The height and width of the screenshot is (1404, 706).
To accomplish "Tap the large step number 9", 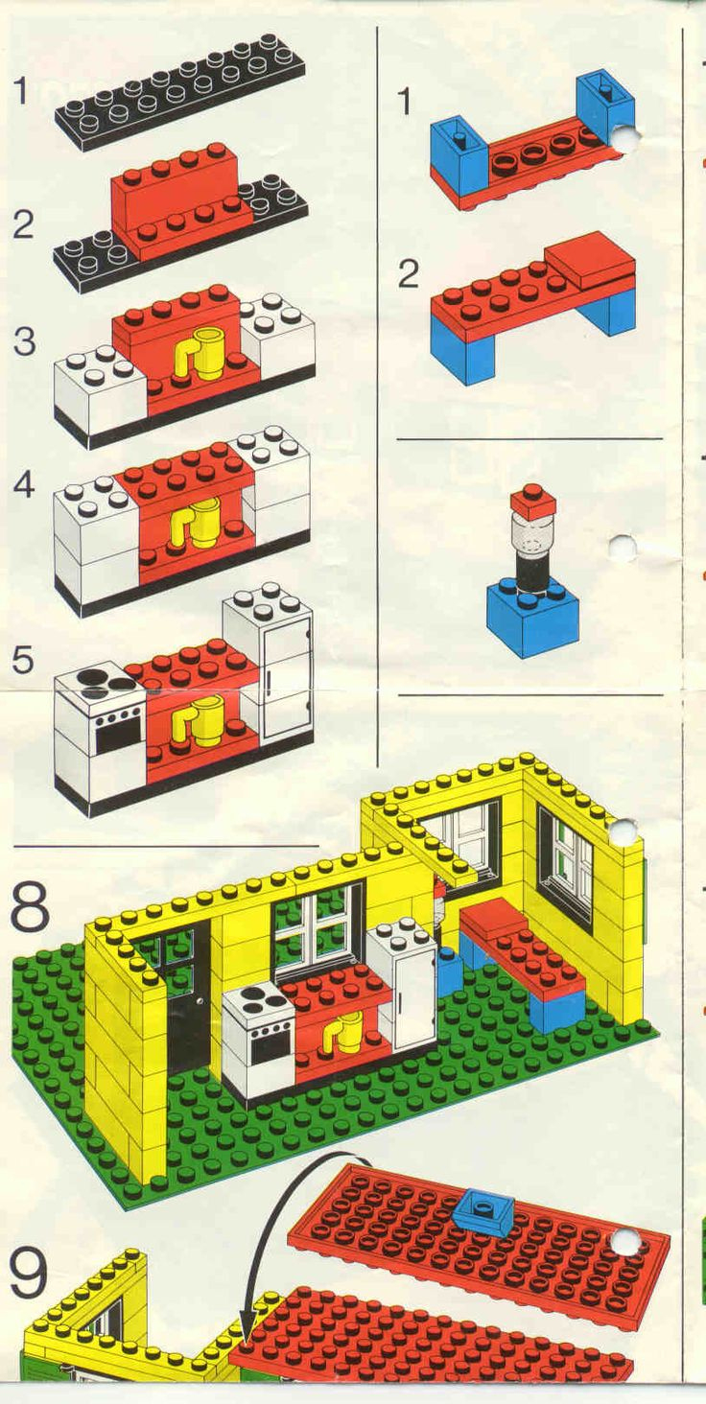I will coord(28,1273).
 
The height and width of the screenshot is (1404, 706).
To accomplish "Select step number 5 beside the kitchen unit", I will coord(24,660).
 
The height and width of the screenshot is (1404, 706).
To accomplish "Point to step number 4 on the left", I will coord(24,484).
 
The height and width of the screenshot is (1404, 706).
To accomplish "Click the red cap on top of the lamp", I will coord(532,501).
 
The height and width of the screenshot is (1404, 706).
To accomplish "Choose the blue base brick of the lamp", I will coord(532,620).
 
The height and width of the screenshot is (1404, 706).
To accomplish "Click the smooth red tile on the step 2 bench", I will coord(589,260).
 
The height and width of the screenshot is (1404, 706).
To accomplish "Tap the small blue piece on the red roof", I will coord(482,1210).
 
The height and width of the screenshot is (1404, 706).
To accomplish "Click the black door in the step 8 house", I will coord(188,997).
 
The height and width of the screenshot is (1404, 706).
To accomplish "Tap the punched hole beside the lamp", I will coord(622,549).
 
